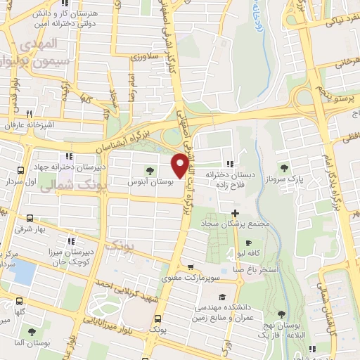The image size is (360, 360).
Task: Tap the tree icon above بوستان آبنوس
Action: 149,170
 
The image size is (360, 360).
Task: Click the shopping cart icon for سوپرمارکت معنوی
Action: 191,267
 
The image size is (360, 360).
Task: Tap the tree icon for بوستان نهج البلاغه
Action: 281,314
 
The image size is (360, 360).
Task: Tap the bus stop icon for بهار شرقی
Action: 29,219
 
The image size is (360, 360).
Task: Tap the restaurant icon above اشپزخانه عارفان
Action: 29,114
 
